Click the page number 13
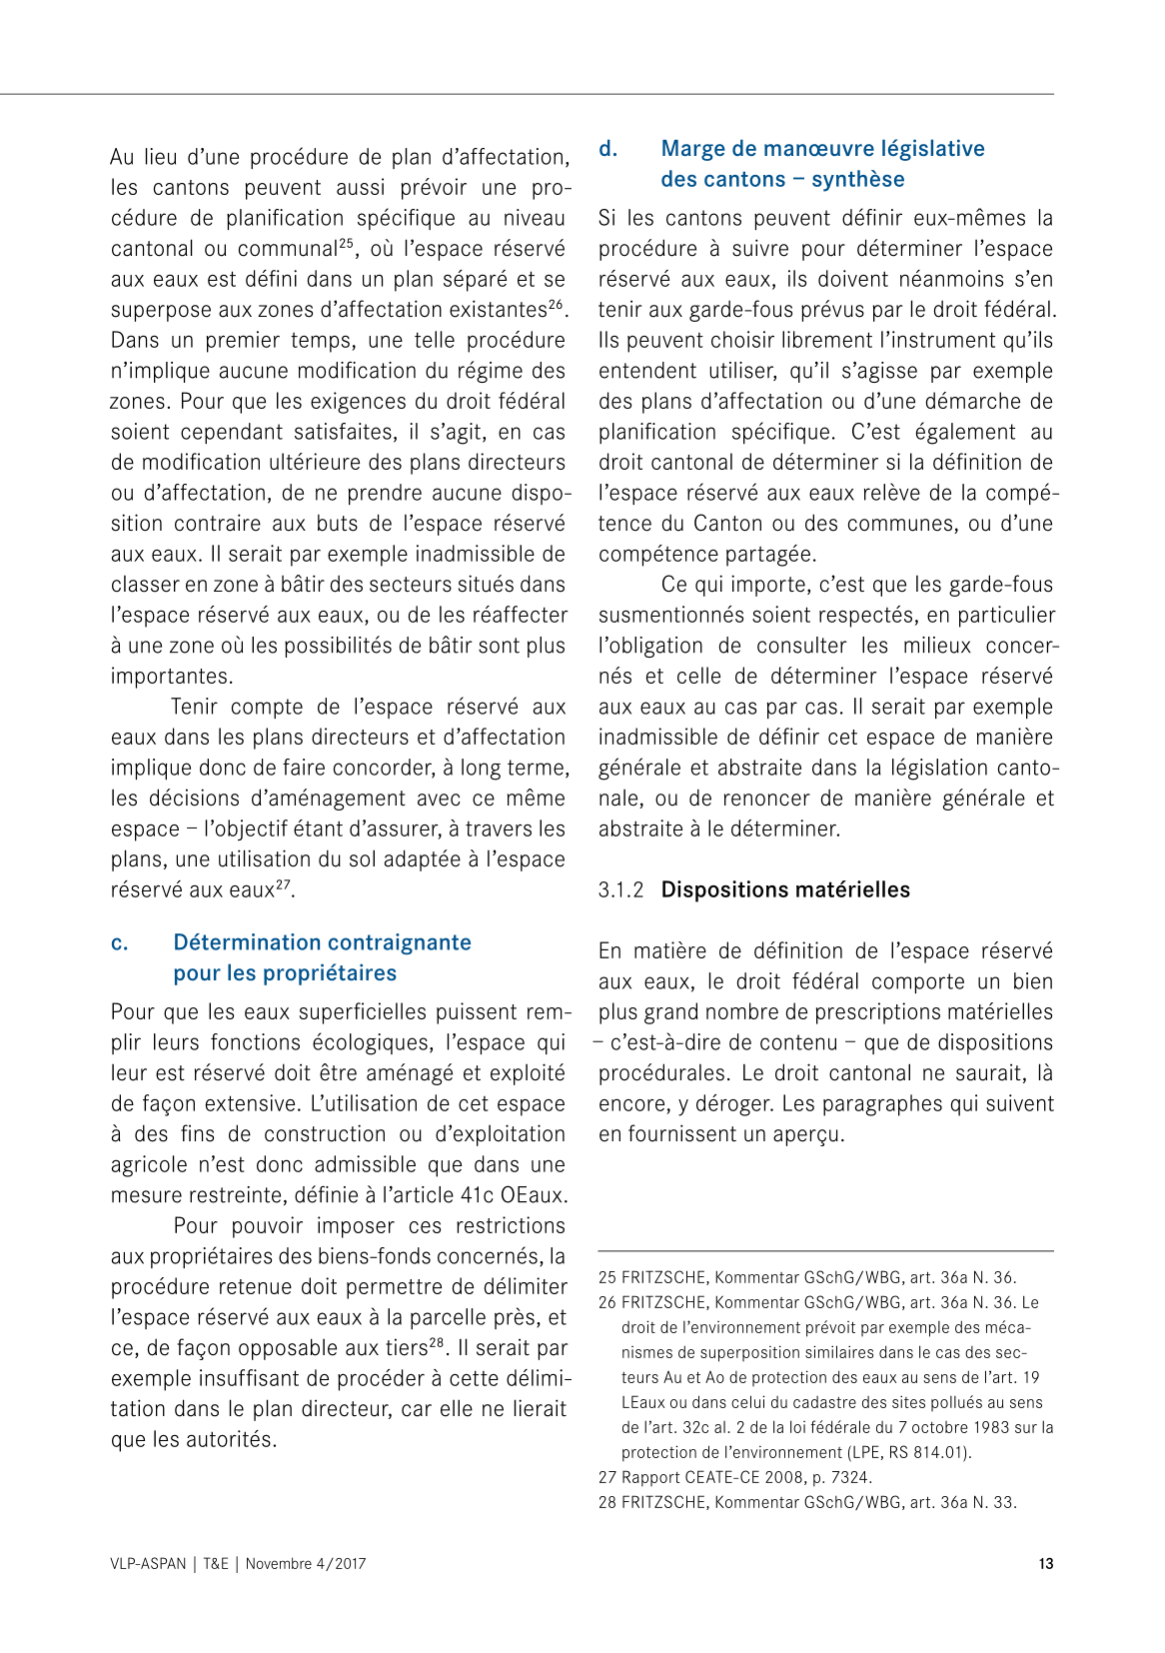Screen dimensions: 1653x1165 (1045, 1564)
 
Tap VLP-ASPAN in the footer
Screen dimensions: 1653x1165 (148, 1564)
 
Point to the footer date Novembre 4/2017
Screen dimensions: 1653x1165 (306, 1564)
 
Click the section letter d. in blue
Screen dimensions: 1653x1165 (608, 149)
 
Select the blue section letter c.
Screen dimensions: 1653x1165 (120, 942)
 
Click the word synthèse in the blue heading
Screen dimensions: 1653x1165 (857, 180)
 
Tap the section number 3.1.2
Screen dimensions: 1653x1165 (620, 890)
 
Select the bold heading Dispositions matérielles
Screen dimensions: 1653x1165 (785, 890)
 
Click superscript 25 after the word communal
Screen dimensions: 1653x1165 (347, 243)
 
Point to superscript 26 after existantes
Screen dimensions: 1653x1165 (557, 304)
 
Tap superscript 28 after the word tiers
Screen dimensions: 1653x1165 (437, 1342)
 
